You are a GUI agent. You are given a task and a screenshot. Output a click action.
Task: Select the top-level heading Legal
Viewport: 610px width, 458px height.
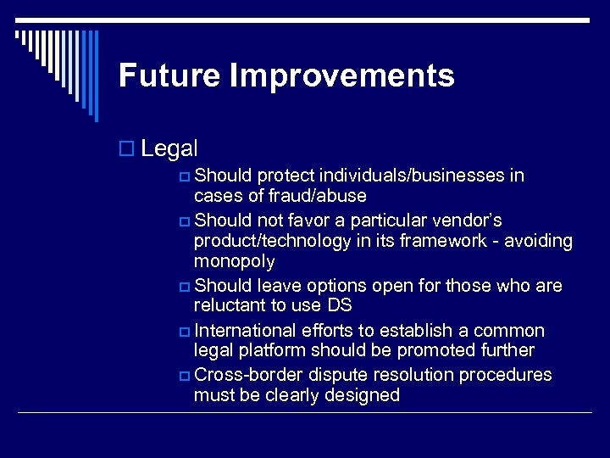169,148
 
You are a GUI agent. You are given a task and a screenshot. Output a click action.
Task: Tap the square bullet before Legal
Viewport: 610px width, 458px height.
126,149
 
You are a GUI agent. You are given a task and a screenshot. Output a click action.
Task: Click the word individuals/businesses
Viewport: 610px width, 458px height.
413,176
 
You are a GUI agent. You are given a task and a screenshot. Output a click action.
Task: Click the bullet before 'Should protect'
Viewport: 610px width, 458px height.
185,176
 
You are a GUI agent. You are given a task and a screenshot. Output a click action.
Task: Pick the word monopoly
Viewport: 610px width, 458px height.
234,262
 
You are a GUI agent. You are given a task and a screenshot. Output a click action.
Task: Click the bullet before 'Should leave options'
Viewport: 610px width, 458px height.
185,286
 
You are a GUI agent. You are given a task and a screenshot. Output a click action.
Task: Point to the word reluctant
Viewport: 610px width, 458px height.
229,305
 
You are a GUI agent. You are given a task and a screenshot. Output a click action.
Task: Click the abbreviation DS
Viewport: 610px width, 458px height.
338,305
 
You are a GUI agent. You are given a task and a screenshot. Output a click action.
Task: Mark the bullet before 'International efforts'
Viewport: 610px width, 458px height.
185,331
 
